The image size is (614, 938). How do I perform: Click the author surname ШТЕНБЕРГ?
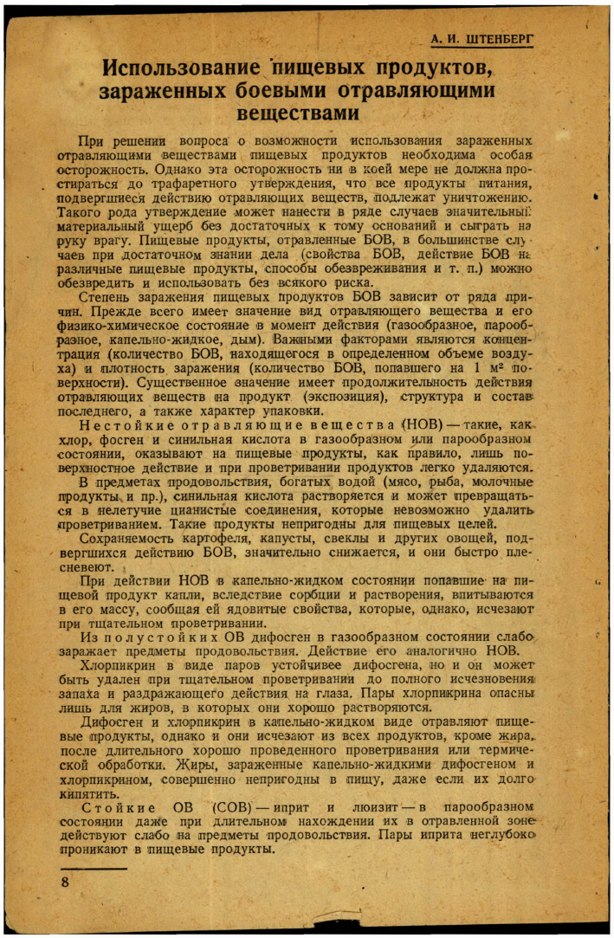(497, 40)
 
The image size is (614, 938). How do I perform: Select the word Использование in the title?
(178, 68)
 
